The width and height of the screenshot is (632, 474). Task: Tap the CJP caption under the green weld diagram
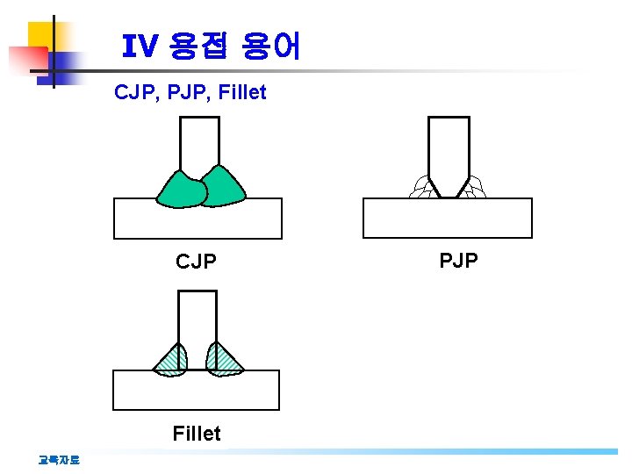(x=196, y=262)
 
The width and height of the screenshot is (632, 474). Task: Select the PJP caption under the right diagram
(x=458, y=260)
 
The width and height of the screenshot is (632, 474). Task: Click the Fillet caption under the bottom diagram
(x=197, y=433)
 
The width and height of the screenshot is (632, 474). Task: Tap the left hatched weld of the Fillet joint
(x=171, y=360)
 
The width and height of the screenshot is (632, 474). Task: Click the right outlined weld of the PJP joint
(x=475, y=187)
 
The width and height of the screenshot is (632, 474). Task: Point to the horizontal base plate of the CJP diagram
(x=197, y=219)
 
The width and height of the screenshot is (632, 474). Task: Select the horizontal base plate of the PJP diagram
(x=447, y=219)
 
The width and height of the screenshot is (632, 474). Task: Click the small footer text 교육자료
(x=59, y=458)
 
